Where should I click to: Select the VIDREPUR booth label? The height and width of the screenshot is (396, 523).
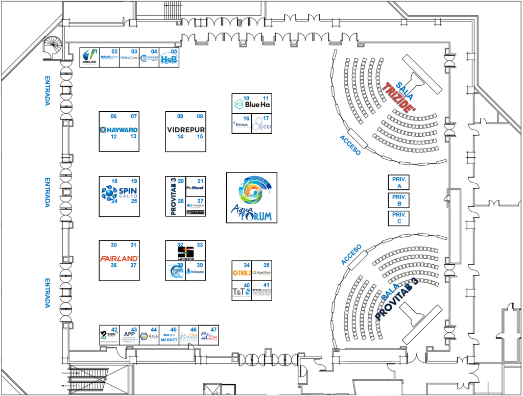[x=185, y=130]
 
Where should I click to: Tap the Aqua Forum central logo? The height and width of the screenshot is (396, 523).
[x=252, y=197]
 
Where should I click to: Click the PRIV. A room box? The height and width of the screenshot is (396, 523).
[x=398, y=182]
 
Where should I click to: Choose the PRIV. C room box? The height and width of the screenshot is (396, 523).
[x=398, y=218]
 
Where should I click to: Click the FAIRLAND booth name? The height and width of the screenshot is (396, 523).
[x=119, y=258]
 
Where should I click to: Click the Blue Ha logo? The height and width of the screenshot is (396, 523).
[x=251, y=104]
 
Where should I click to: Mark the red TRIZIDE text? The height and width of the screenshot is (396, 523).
[x=399, y=96]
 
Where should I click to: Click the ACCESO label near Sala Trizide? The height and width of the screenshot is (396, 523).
[x=350, y=145]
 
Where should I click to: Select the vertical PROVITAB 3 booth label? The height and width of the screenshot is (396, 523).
[x=174, y=196]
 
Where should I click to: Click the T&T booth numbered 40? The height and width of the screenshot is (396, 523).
[x=242, y=291]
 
